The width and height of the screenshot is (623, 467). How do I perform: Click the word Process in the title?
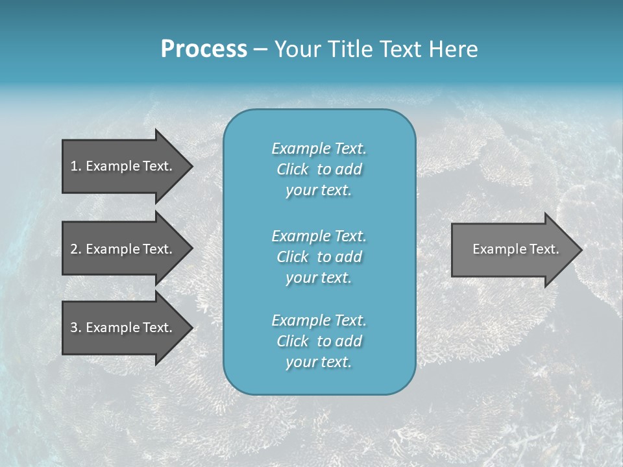point(204,49)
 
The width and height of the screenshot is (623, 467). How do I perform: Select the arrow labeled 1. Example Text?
point(123,166)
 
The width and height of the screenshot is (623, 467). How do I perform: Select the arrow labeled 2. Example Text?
point(123,249)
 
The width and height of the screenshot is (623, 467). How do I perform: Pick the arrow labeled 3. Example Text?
point(123,328)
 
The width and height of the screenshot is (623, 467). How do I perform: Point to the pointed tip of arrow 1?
point(191,166)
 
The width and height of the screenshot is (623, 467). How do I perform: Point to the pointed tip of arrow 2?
point(191,249)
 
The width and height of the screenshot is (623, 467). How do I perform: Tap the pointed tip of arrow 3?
point(191,328)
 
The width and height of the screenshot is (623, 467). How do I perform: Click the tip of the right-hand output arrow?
point(580,250)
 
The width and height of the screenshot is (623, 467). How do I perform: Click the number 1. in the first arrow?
point(75,166)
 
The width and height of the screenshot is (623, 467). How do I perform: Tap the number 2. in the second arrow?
point(75,249)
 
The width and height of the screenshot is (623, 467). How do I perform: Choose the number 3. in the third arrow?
point(75,328)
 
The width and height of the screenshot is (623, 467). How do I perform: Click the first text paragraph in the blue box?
point(319,169)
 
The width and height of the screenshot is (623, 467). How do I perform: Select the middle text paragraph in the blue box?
point(319,256)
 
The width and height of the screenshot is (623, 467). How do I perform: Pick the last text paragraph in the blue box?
point(319,341)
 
